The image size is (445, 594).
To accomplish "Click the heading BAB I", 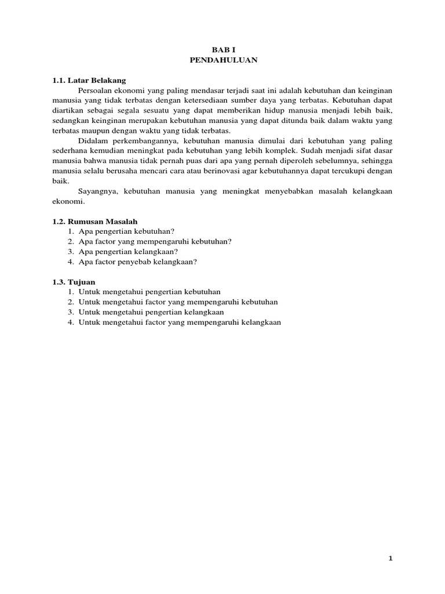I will [222, 50].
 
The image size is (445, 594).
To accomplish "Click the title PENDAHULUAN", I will [222, 60].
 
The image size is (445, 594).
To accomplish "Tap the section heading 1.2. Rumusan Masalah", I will [94, 221].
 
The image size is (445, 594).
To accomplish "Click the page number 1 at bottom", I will [391, 558].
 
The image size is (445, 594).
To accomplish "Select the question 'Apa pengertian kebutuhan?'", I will [126, 231].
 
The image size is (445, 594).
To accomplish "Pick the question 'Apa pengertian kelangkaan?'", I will [128, 251].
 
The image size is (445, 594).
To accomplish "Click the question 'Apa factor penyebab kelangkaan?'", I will [138, 262].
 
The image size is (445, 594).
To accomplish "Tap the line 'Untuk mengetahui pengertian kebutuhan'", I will [149, 292].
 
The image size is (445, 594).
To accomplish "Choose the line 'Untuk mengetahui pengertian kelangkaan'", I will [151, 312].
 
